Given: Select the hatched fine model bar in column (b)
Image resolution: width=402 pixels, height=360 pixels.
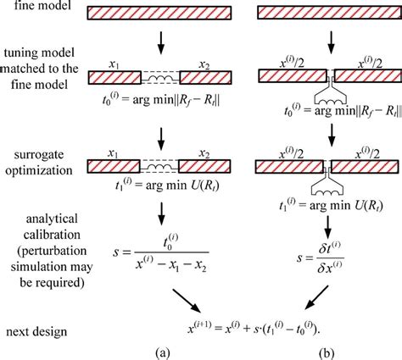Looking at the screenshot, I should coord(325,14).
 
